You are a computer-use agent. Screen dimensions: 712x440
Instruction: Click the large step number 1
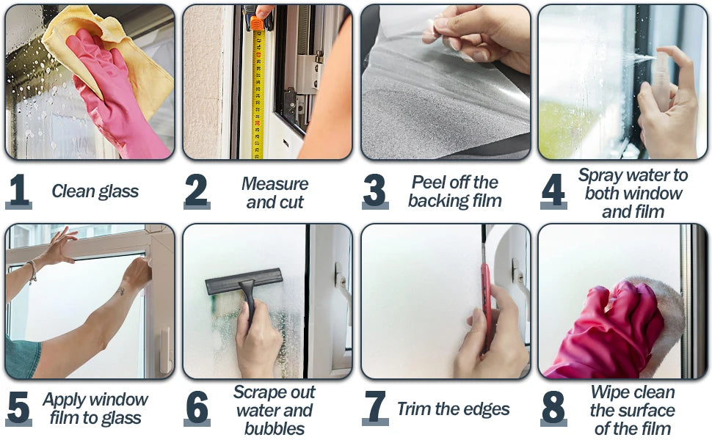(18, 190)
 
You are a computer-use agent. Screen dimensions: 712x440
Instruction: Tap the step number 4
(553, 190)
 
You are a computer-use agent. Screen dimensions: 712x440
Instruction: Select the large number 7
(375, 407)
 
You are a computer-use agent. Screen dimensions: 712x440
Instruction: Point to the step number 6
(197, 407)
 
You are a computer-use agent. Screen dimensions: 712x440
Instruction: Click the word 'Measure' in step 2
(275, 184)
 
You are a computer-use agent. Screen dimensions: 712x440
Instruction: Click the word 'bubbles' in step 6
(275, 429)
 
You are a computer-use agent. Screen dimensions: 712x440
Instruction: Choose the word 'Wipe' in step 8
(610, 392)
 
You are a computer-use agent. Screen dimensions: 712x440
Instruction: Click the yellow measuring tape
(258, 91)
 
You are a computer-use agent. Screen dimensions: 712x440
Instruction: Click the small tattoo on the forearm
(121, 290)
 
